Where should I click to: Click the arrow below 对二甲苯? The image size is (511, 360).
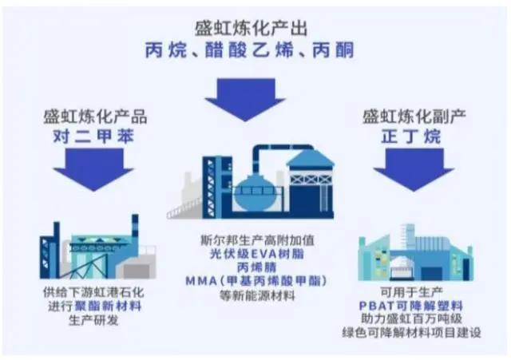(94, 167)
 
